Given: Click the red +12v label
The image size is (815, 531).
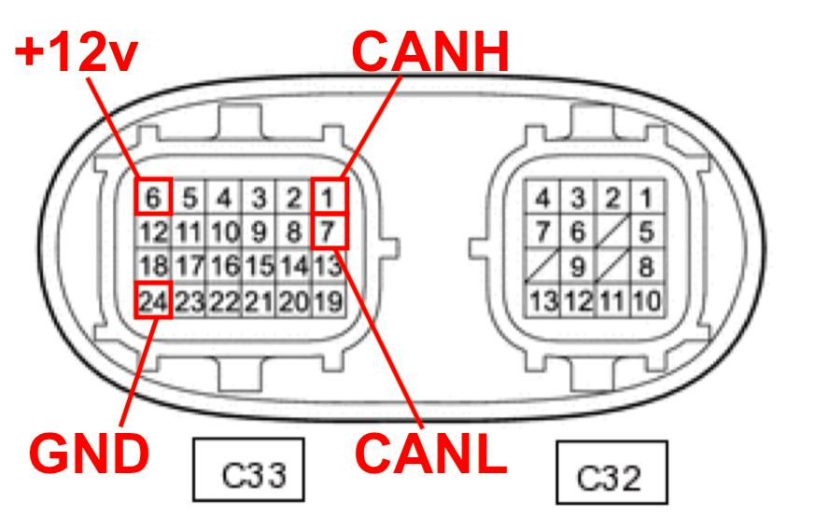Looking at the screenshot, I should (x=77, y=53).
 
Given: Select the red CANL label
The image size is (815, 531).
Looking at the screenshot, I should (x=430, y=454).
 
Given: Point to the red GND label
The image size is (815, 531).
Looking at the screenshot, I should (x=90, y=454).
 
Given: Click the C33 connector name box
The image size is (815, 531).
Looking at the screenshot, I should (x=249, y=470).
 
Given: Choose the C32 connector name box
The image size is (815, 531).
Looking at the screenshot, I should (x=611, y=473).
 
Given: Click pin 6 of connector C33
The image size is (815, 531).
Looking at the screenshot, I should (x=154, y=197).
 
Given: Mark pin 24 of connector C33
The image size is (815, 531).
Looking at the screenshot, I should (x=154, y=300).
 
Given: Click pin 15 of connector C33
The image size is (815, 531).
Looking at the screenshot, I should (x=259, y=266).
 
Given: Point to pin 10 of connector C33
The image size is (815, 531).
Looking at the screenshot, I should (x=224, y=231).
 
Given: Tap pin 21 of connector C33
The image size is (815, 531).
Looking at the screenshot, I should (x=259, y=300).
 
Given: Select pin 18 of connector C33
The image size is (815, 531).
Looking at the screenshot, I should (x=154, y=266).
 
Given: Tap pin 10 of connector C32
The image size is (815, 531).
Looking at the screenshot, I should (x=646, y=300).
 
